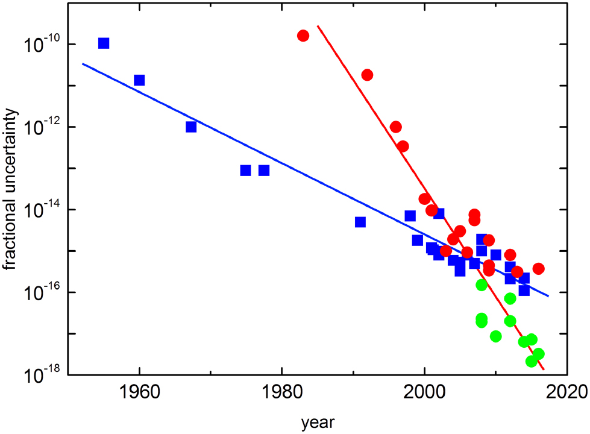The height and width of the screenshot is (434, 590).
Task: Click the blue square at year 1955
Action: coord(104,43)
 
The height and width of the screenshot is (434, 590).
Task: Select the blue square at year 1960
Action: coord(139,80)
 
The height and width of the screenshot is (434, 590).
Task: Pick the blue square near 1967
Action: coord(191,127)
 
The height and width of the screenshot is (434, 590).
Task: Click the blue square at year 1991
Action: coord(360,222)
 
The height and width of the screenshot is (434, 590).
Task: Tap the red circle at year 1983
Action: coord(303,36)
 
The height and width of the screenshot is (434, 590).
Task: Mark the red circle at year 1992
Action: coord(367,75)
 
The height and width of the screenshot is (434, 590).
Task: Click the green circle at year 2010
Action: coord(496,336)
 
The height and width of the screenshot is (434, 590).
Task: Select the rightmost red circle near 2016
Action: coord(539,268)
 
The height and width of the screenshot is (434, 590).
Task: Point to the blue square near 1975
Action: coord(245,171)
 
